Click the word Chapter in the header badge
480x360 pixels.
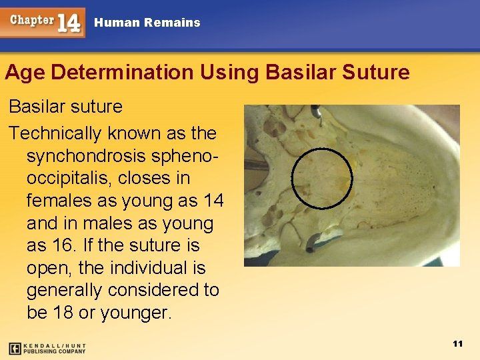coord(31,19)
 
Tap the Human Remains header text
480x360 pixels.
coord(147,23)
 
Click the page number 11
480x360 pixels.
coord(457,344)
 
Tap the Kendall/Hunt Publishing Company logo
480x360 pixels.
coord(47,348)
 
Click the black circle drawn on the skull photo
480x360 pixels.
coord(322,179)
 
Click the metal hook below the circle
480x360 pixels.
coord(313,243)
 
